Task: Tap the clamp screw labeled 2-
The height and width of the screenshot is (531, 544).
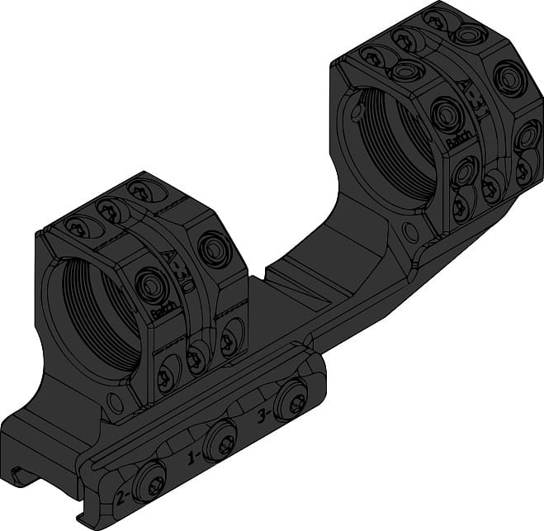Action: click(154, 481)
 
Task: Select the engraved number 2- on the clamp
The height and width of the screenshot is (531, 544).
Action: click(121, 495)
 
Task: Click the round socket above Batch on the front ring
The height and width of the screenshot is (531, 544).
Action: click(151, 285)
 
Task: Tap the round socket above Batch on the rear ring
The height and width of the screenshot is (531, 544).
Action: click(447, 113)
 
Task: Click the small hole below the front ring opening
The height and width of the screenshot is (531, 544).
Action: click(116, 404)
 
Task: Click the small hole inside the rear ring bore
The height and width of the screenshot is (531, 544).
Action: click(357, 108)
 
